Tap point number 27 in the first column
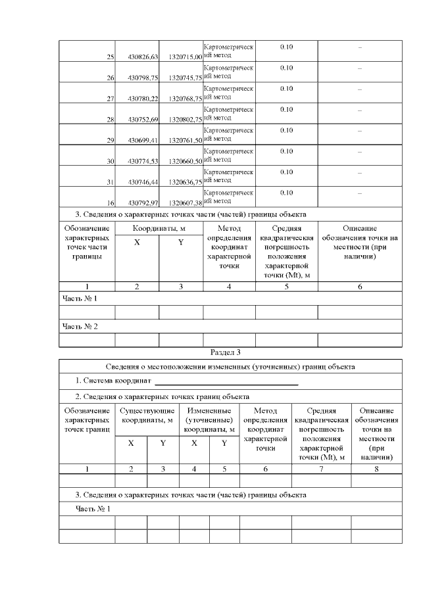[x=111, y=99]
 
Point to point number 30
[x=111, y=161]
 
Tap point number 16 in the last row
[x=111, y=203]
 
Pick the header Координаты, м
[x=159, y=228]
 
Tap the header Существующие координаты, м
[x=147, y=416]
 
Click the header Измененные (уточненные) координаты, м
[x=209, y=420]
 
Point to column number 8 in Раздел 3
[x=376, y=469]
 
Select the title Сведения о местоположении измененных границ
[x=230, y=366]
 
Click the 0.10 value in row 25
[x=286, y=47]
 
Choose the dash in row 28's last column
[x=359, y=110]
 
